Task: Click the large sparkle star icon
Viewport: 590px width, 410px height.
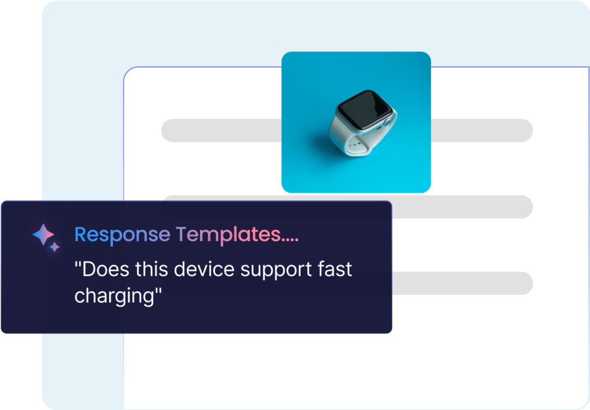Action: (43, 234)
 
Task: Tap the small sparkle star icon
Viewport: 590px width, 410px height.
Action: (55, 247)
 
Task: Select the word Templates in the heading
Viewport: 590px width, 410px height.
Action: (228, 236)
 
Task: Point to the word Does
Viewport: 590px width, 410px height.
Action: (105, 269)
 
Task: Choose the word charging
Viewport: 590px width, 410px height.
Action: (115, 297)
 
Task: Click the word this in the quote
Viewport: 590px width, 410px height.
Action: (152, 269)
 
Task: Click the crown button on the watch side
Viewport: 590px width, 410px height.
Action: (387, 123)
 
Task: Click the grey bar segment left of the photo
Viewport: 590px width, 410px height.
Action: (221, 131)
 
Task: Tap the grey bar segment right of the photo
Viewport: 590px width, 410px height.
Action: (482, 131)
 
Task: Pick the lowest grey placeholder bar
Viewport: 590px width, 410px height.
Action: (463, 283)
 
